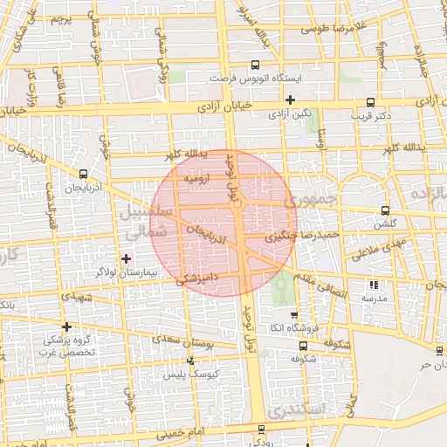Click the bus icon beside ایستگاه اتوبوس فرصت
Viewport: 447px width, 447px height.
(x=255, y=64)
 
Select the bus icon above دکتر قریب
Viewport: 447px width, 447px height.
(x=372, y=101)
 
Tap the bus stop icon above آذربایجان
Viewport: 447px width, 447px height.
(x=83, y=174)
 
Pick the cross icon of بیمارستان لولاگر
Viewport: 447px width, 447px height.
(x=127, y=258)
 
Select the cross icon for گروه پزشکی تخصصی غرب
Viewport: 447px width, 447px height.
(x=66, y=327)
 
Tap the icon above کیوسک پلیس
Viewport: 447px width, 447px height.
(x=192, y=360)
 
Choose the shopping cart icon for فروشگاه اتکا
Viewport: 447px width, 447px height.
(x=294, y=316)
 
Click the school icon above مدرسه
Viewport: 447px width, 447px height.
(x=375, y=285)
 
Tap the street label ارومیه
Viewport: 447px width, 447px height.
(x=197, y=178)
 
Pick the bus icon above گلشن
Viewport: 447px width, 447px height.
(x=385, y=210)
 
